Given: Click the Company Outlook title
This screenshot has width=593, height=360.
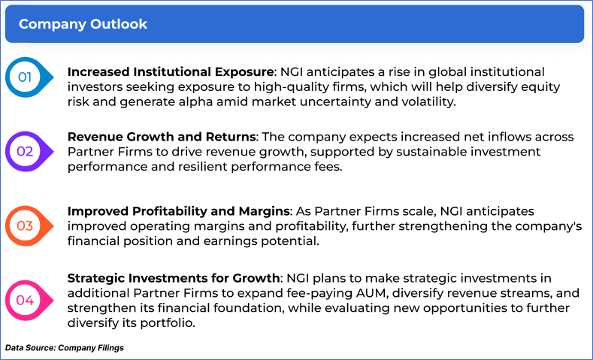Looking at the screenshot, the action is [x=83, y=24].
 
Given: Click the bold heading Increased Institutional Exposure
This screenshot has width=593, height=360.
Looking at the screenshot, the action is [x=171, y=72].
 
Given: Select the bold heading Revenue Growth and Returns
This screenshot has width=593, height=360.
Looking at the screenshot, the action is [x=162, y=136].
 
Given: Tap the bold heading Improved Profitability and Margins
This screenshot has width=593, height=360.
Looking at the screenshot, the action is [x=179, y=210].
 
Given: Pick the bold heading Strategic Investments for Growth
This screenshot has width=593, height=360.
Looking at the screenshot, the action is [x=173, y=278].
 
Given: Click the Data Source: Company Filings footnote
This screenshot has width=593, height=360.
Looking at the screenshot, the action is [x=65, y=347].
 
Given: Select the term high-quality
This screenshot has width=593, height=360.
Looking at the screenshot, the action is [x=290, y=87].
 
